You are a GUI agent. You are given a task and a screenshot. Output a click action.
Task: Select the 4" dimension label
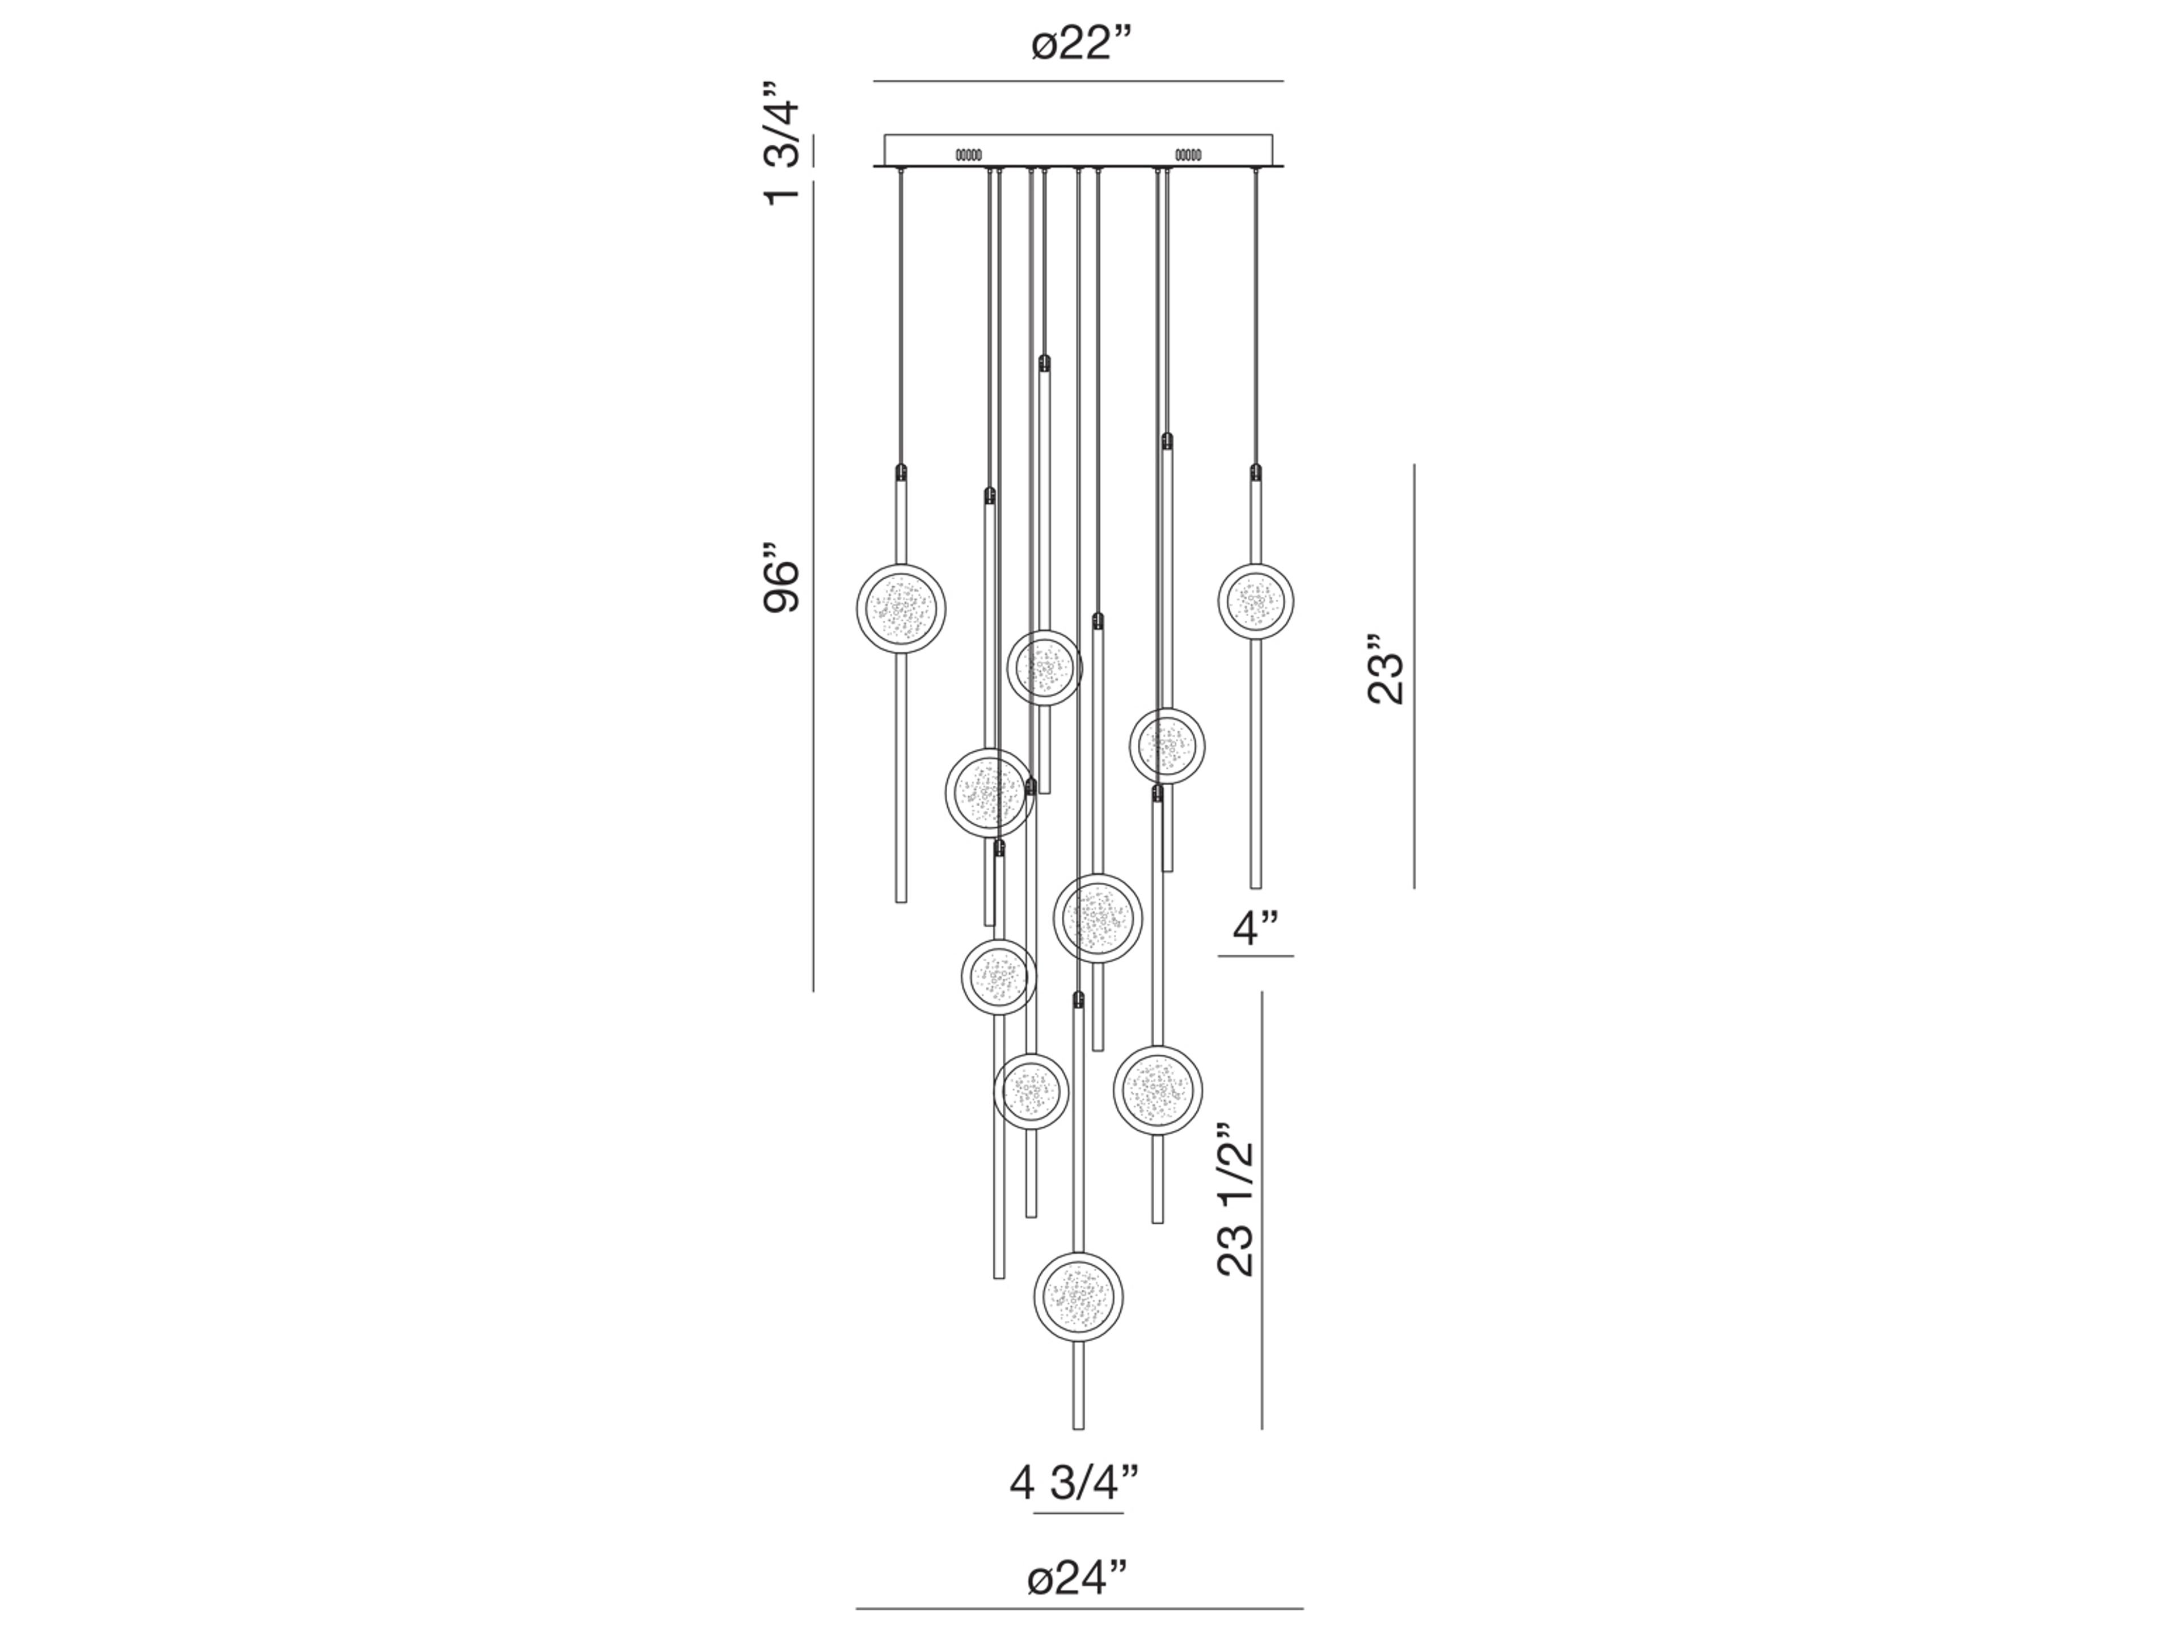click(x=1255, y=927)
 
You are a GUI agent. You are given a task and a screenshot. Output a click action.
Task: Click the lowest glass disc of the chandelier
click(x=1078, y=1296)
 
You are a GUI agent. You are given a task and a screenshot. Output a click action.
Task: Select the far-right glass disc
click(x=1255, y=601)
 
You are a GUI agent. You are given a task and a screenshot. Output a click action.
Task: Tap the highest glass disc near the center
click(x=1044, y=668)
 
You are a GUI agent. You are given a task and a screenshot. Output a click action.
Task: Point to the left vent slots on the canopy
click(x=968, y=155)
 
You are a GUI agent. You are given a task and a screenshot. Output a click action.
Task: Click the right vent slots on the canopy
click(x=1188, y=155)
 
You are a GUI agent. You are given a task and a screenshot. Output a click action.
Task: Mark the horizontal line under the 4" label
click(x=1255, y=955)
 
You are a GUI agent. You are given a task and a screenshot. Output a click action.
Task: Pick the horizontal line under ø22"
click(x=1078, y=81)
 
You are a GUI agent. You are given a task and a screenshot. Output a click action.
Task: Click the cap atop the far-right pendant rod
click(x=1255, y=472)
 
